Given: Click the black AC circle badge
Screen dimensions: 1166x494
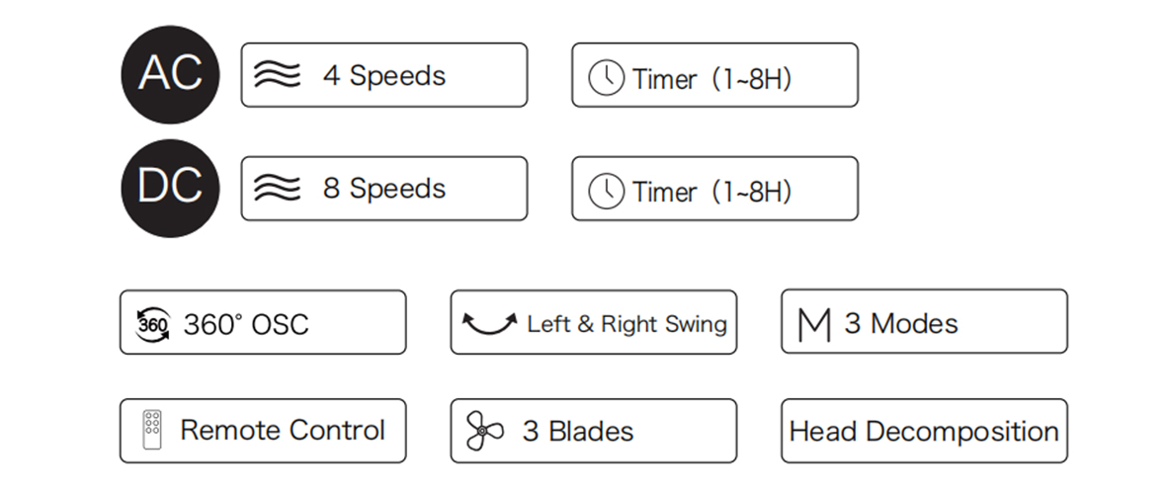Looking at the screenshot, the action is (170, 74).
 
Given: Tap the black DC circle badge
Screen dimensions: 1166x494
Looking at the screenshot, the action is (170, 189).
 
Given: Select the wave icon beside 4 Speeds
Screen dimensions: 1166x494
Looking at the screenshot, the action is (277, 74).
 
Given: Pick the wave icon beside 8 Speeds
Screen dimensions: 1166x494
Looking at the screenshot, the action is (277, 189).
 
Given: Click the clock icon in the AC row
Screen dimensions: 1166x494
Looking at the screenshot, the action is (606, 77).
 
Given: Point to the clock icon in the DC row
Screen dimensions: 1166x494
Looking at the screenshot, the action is (606, 192).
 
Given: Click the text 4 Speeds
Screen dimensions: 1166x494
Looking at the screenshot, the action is (383, 75).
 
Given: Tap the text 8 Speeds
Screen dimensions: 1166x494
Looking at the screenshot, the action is (383, 189).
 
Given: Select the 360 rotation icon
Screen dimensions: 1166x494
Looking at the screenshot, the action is (152, 325).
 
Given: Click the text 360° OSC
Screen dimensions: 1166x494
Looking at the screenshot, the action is (245, 325).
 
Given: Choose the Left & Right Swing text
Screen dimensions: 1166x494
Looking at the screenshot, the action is (626, 324).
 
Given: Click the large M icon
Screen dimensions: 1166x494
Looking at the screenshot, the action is (813, 325).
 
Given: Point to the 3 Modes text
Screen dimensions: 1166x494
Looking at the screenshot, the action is (901, 324).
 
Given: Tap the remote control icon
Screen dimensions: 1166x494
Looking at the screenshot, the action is (152, 430).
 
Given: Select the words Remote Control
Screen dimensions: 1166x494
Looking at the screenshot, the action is (283, 430).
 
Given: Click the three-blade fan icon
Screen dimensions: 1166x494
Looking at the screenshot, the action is (484, 431).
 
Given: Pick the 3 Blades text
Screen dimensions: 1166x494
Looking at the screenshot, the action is (578, 432).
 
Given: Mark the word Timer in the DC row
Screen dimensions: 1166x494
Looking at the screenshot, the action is (665, 192).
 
